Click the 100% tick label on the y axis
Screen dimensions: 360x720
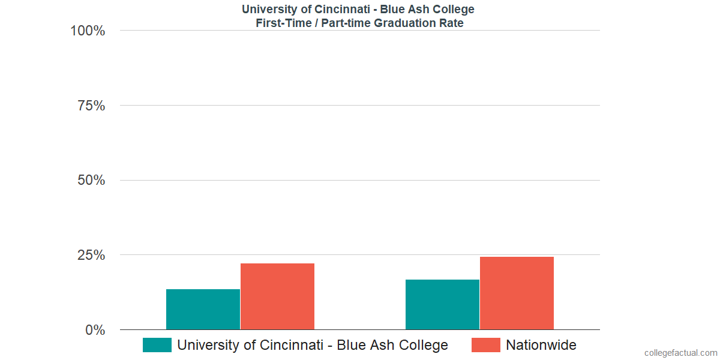pyautogui.click(x=88, y=31)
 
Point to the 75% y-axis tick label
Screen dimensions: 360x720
pyautogui.click(x=91, y=106)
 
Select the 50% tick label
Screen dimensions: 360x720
pyautogui.click(x=91, y=181)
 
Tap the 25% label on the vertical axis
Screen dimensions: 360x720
pyautogui.click(x=91, y=255)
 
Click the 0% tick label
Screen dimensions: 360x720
pyautogui.click(x=95, y=330)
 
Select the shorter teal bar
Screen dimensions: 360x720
pyautogui.click(x=203, y=310)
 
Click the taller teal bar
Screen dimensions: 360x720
pyautogui.click(x=442, y=305)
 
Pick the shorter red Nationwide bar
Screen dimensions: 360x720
pyautogui.click(x=277, y=296)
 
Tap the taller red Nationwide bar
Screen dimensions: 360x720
pyautogui.click(x=517, y=293)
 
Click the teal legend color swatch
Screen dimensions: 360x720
pyautogui.click(x=157, y=345)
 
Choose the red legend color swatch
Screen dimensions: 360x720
pyautogui.click(x=485, y=345)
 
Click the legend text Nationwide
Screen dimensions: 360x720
pyautogui.click(x=541, y=345)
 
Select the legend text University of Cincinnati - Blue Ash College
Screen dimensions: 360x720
pyautogui.click(x=313, y=345)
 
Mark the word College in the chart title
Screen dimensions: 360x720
pyautogui.click(x=455, y=10)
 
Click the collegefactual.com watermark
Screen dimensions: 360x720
pyautogui.click(x=680, y=353)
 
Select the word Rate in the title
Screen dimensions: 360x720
pyautogui.click(x=451, y=23)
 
